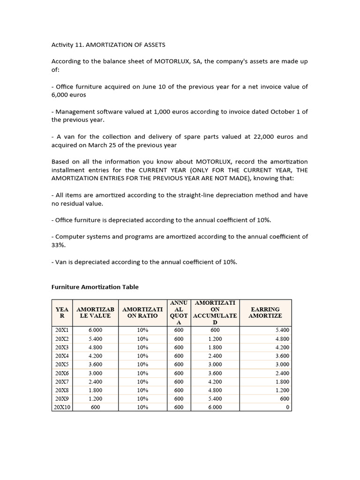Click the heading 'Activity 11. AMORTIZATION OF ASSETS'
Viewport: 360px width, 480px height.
pyautogui.click(x=108, y=45)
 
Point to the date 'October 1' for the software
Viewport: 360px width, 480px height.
pyautogui.click(x=280, y=112)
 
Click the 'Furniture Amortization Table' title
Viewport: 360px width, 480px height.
pyautogui.click(x=95, y=287)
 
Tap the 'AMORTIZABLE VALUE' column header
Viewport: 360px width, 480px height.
pyautogui.click(x=95, y=313)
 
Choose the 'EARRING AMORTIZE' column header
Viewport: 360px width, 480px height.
pyautogui.click(x=265, y=313)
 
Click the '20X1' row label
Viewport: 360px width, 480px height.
pyautogui.click(x=62, y=330)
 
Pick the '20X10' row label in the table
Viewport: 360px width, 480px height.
pyautogui.click(x=62, y=407)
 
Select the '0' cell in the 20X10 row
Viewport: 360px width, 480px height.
pyautogui.click(x=287, y=407)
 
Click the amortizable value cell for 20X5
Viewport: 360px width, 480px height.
pyautogui.click(x=95, y=365)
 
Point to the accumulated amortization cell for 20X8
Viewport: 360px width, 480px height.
pyautogui.click(x=215, y=390)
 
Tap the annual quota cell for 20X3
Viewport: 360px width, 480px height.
pyautogui.click(x=179, y=347)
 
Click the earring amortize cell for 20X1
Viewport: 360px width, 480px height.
pyautogui.click(x=283, y=330)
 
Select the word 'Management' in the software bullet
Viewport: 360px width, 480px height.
pyautogui.click(x=75, y=112)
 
